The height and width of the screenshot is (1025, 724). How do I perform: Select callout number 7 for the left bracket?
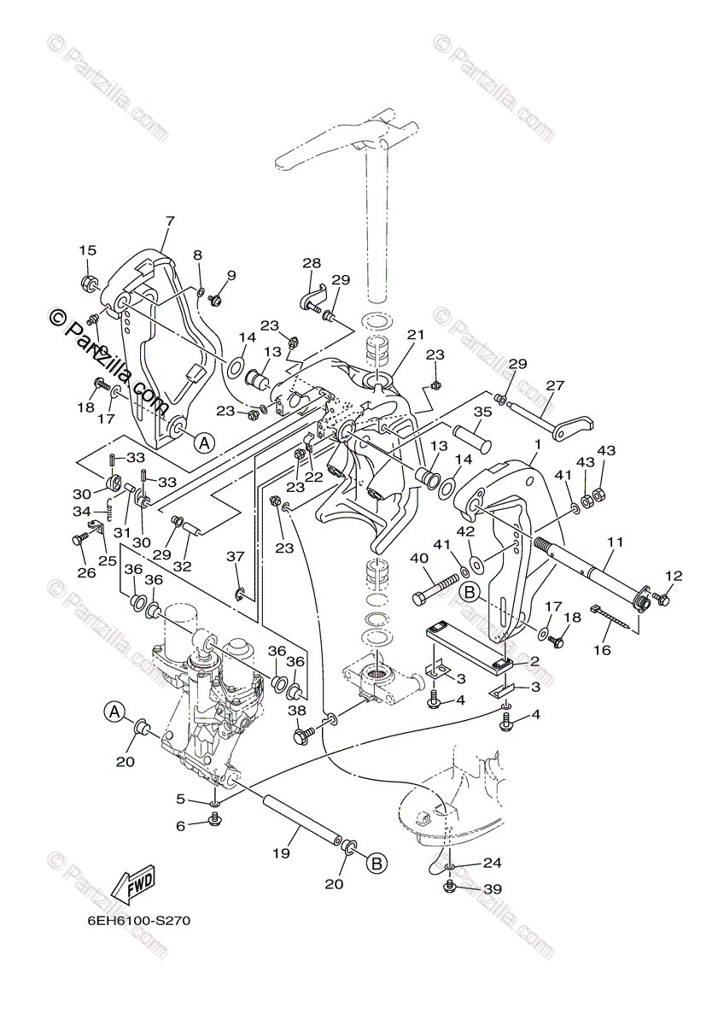click(170, 221)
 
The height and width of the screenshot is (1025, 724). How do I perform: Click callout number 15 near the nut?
click(88, 250)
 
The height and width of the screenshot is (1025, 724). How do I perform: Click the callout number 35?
click(483, 413)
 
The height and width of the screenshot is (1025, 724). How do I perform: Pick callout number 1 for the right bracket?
click(538, 444)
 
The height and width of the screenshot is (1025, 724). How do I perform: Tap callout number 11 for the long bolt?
click(616, 542)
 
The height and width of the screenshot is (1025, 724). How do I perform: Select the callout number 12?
click(674, 577)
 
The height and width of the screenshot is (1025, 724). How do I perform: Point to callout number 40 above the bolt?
click(418, 558)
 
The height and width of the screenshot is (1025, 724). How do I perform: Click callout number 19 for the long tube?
click(283, 852)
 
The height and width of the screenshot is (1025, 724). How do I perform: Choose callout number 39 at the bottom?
click(492, 889)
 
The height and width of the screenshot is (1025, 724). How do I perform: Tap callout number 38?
click(296, 710)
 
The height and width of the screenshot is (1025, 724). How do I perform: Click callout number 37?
click(236, 557)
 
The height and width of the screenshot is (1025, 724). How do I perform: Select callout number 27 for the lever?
click(556, 385)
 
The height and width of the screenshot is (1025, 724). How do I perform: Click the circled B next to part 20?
click(377, 864)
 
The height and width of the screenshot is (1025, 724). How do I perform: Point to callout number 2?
click(534, 661)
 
